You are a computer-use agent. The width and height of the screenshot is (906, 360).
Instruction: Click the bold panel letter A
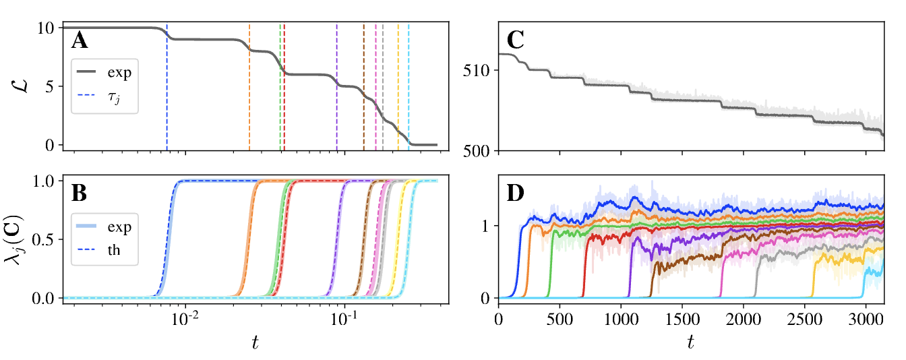coord(80,42)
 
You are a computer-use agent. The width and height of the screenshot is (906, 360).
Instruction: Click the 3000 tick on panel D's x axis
coord(866,317)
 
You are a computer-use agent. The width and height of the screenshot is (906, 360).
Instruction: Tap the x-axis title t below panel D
coord(691,342)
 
